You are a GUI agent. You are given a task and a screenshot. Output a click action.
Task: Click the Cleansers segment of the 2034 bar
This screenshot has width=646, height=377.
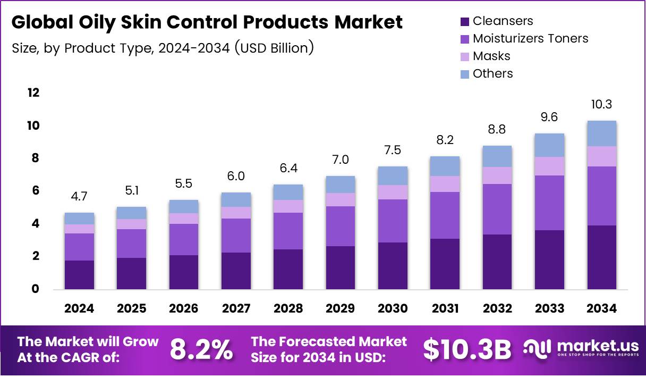click(x=601, y=257)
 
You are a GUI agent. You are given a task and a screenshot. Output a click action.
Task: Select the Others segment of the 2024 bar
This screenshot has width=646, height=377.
click(x=79, y=219)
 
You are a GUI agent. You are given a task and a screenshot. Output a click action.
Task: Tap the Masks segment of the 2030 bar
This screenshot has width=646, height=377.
click(x=393, y=192)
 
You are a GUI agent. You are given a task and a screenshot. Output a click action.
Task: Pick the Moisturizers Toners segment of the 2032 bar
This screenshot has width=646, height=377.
click(x=497, y=209)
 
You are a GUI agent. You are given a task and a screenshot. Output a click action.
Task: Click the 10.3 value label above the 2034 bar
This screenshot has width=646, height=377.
click(x=601, y=104)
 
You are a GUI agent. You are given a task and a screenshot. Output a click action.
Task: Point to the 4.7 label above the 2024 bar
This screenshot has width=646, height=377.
click(x=79, y=196)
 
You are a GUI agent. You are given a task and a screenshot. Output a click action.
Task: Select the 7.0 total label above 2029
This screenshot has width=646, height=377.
click(x=341, y=160)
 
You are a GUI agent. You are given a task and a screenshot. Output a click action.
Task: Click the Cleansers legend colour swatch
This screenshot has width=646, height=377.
click(x=464, y=22)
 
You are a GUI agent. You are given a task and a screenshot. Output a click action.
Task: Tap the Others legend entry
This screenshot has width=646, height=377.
click(x=492, y=73)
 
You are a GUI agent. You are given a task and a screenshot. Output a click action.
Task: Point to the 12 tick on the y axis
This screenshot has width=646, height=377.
click(x=33, y=93)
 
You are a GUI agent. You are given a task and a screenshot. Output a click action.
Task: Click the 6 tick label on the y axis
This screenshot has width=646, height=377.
click(x=36, y=190)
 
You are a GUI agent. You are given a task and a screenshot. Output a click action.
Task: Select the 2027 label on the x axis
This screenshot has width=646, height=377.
click(x=236, y=308)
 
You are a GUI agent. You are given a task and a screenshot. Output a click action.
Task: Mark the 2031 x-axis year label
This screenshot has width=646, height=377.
click(x=445, y=308)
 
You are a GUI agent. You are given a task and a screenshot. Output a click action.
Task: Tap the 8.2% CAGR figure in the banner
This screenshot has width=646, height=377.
click(x=201, y=349)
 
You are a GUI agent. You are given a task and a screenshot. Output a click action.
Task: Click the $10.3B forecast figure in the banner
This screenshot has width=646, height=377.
click(x=467, y=349)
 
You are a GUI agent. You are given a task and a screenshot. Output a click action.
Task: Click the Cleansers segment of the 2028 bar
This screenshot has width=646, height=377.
click(x=288, y=269)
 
